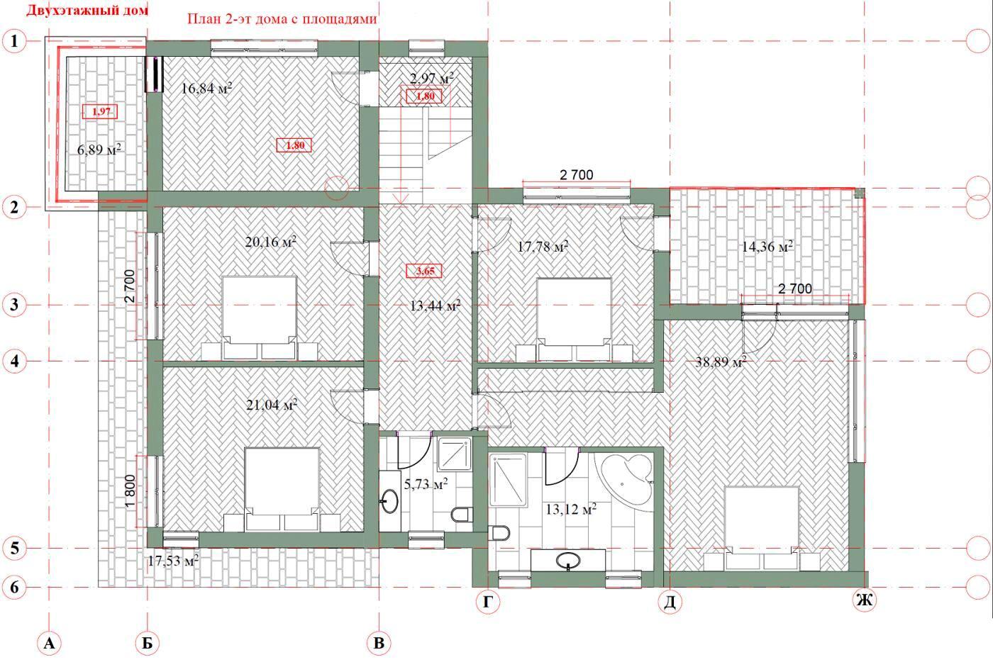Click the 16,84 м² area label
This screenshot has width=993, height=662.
pos(206,88)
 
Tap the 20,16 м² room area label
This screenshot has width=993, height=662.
pos(270,242)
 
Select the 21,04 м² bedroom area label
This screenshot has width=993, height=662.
pos(271,405)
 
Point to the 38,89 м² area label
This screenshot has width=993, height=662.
pos(721,362)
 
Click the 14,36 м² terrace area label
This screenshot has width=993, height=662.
pos(767,247)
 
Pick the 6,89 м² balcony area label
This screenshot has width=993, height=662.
pos(99,150)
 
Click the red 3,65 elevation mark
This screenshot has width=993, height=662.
pos(425,271)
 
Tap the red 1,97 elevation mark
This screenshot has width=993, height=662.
pos(101,111)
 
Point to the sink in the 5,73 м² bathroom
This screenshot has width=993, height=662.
pos(389,501)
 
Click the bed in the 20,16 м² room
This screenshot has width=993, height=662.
pos(260,318)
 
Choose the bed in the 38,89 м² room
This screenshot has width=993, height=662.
pos(762,528)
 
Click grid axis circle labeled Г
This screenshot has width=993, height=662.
pos(488,601)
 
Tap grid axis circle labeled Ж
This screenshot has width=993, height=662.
pos(865,600)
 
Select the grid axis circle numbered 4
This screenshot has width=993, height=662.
pos(15,361)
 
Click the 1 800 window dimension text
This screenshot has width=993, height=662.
pos(130,492)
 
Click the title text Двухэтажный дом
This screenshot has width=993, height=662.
pos(87,11)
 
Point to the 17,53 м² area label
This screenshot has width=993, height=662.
pos(173,561)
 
